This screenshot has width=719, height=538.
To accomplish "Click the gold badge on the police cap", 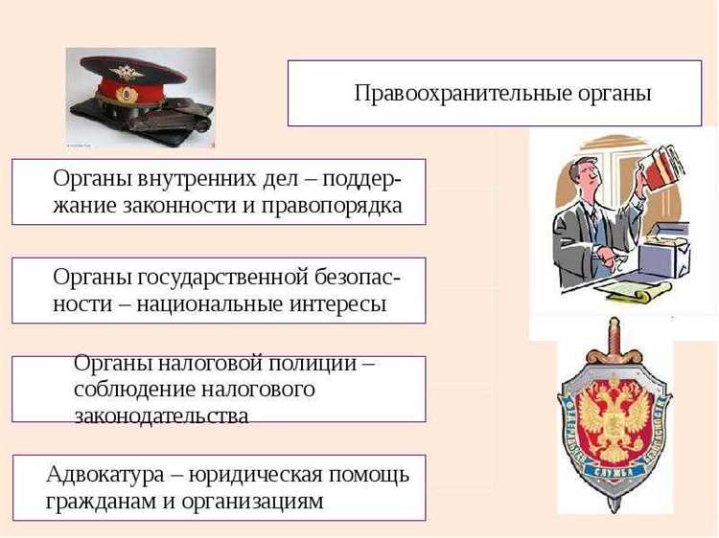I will [x=126, y=72].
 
